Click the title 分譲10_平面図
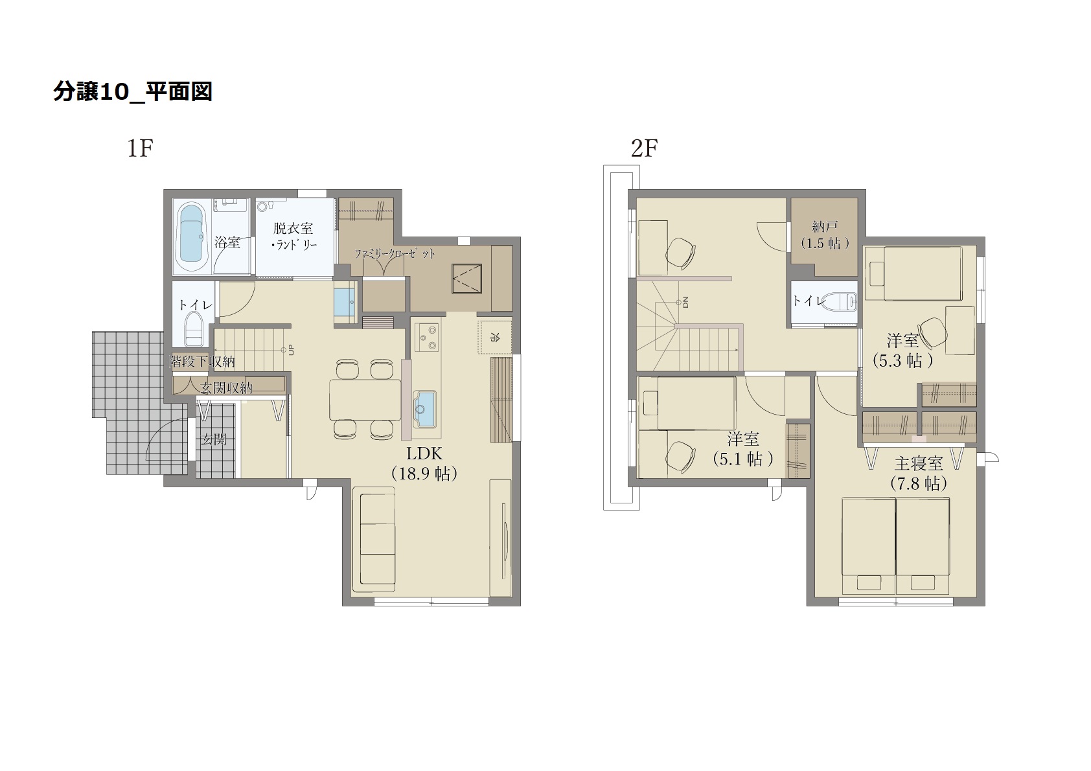point(132,91)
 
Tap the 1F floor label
point(141,148)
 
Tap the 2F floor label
point(645,148)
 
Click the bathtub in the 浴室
point(191,238)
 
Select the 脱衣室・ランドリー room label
point(293,236)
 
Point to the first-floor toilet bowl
point(194,328)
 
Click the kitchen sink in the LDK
point(424,409)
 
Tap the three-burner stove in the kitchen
point(427,336)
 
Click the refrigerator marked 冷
point(494,336)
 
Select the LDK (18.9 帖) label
point(424,463)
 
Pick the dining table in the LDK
point(365,399)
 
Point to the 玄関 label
point(214,439)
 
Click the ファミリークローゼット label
point(395,254)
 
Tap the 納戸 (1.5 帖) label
point(825,235)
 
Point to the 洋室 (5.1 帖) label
point(742,449)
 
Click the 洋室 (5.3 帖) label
point(902,351)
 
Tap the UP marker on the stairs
point(291,349)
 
